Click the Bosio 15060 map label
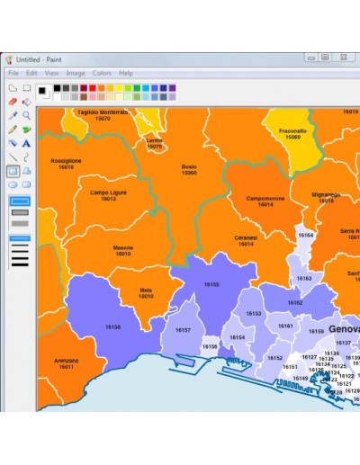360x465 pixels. tap(189, 169)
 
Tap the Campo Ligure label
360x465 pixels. tap(108, 194)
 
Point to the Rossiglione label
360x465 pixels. tap(66, 164)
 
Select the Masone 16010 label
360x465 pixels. tap(122, 250)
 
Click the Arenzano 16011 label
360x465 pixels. tap(66, 363)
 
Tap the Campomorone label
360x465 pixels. tap(265, 201)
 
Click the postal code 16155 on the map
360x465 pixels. tap(211, 284)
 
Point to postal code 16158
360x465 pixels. tap(112, 326)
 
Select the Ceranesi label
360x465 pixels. tap(246, 240)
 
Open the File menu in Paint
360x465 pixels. tap(13, 73)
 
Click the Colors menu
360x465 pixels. tap(102, 73)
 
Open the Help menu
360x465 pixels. tap(126, 73)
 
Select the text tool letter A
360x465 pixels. tap(27, 143)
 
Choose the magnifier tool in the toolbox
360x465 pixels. tap(27, 115)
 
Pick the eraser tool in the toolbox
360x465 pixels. tap(13, 102)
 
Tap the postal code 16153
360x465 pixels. tap(254, 314)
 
